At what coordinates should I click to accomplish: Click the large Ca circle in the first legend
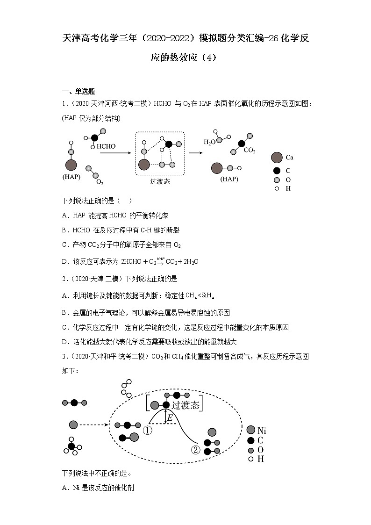(276, 158)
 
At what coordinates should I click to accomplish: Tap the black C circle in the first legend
(277, 171)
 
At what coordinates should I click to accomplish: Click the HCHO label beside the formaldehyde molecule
(106, 146)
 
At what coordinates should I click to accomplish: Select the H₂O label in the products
(209, 142)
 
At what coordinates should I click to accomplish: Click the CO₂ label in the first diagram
(250, 151)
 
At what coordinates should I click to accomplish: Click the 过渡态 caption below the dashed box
(160, 181)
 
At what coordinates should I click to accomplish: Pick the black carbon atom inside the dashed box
(169, 144)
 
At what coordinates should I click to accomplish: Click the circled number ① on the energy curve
(148, 430)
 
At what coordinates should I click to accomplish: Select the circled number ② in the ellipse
(195, 450)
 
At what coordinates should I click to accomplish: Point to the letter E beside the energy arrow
(170, 418)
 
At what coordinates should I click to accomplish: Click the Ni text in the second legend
(262, 431)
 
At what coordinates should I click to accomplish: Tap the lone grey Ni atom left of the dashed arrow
(73, 424)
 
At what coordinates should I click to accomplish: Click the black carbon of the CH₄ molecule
(71, 446)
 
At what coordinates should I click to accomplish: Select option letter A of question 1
(64, 216)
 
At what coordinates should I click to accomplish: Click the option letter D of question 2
(64, 342)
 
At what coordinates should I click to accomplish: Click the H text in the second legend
(261, 459)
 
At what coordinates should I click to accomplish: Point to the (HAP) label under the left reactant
(71, 177)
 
